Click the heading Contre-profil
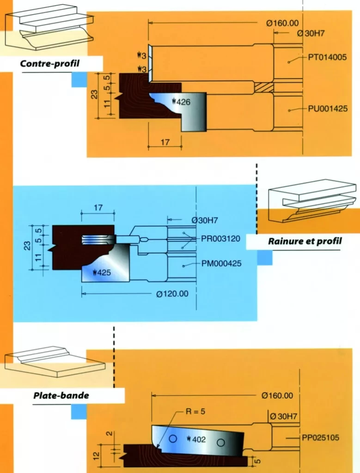click(50, 63)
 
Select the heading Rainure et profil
click(305, 241)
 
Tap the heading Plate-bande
click(61, 395)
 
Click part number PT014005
click(328, 59)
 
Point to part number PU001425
click(328, 109)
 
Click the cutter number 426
click(181, 102)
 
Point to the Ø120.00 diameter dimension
click(172, 294)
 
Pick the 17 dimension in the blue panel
click(98, 208)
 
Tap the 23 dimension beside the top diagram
click(94, 95)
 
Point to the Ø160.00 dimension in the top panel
click(282, 23)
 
